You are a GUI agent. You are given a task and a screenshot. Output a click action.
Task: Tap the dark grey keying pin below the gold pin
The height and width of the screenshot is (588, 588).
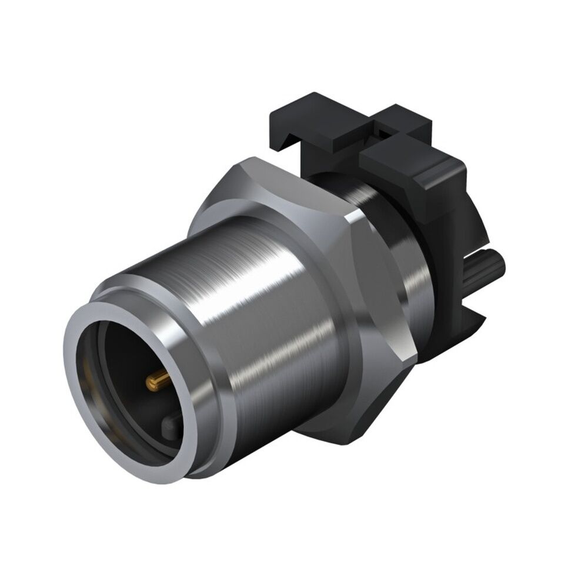pyautogui.click(x=171, y=422)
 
